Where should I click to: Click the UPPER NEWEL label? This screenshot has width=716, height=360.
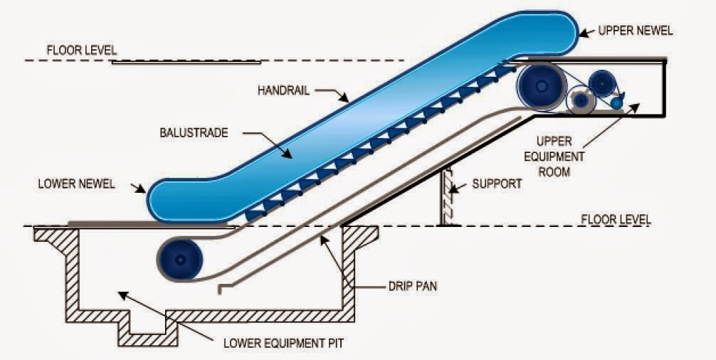635,31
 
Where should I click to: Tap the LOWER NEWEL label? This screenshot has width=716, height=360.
76,184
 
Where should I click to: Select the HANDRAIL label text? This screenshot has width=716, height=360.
283,90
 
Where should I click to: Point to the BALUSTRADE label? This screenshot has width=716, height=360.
194,133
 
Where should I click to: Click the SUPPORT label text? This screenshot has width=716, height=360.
497,184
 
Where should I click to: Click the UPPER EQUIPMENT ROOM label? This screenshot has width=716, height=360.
554,157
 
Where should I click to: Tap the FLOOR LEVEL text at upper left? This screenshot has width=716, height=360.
82,50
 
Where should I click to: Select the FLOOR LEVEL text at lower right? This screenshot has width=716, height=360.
616,219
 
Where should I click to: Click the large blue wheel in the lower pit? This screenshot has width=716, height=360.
180,260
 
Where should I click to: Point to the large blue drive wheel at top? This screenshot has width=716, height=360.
541,86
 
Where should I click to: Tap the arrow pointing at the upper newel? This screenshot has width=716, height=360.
587,32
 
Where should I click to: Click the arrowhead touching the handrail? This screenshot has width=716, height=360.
344,98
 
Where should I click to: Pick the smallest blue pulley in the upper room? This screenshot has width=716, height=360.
616,103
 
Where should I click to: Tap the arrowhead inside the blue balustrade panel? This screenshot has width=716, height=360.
288,154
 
